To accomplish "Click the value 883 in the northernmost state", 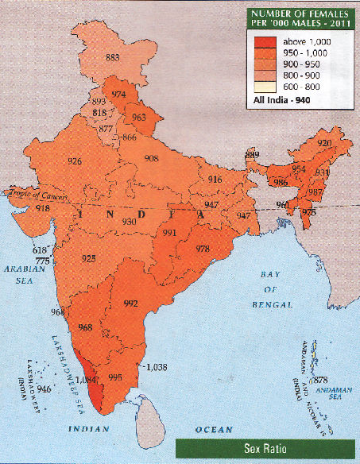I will (112, 57).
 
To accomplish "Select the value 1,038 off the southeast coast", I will (158, 366).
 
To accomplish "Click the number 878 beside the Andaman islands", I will (321, 381).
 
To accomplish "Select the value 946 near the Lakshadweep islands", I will (44, 389).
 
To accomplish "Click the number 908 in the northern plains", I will (152, 159).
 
